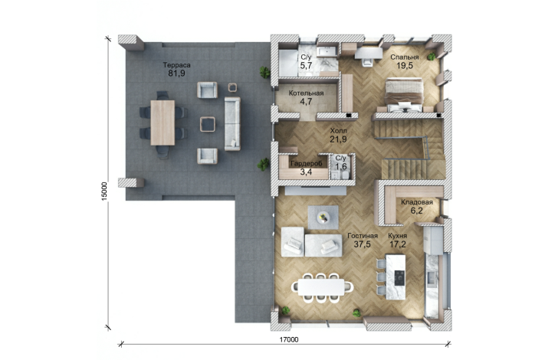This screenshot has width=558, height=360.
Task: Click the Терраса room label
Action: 176,65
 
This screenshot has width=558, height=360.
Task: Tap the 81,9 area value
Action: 176,74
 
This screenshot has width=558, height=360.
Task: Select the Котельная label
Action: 306,93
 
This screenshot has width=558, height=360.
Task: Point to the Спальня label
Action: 404,57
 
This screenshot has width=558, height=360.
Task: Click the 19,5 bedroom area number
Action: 405,65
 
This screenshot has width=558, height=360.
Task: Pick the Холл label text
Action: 338,131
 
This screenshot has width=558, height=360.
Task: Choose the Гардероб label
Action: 306,164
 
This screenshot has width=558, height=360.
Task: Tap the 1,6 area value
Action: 340,166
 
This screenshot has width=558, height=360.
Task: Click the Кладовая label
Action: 417,202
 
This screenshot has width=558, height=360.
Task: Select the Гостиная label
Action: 363,236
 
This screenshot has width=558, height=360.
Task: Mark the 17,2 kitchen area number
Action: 398,244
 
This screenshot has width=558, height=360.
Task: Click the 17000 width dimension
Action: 289,340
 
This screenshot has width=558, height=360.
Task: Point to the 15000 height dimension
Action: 104,191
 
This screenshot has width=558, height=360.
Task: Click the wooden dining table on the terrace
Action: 162,123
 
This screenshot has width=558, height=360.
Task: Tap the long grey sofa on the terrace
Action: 232,123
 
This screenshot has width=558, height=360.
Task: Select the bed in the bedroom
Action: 404,95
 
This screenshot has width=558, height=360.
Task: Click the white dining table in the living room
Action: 321,286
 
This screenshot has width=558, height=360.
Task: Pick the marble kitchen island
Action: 396,277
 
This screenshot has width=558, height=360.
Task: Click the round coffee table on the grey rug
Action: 323,217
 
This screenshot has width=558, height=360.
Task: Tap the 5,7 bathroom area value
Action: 306,65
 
